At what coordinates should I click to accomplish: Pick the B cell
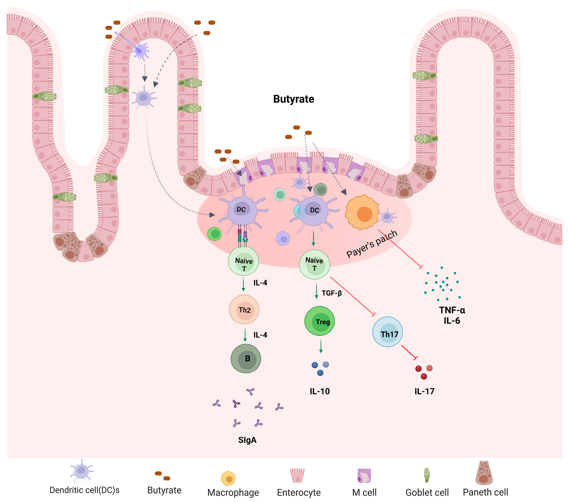pyautogui.click(x=246, y=359)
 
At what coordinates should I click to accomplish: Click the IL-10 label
pyautogui.click(x=320, y=391)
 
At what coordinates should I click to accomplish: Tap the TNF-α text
pyautogui.click(x=452, y=310)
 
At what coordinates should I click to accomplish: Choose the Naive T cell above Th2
pyautogui.click(x=243, y=261)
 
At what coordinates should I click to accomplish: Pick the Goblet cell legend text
pyautogui.click(x=427, y=493)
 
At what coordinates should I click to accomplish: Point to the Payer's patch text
pyautogui.click(x=372, y=244)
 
